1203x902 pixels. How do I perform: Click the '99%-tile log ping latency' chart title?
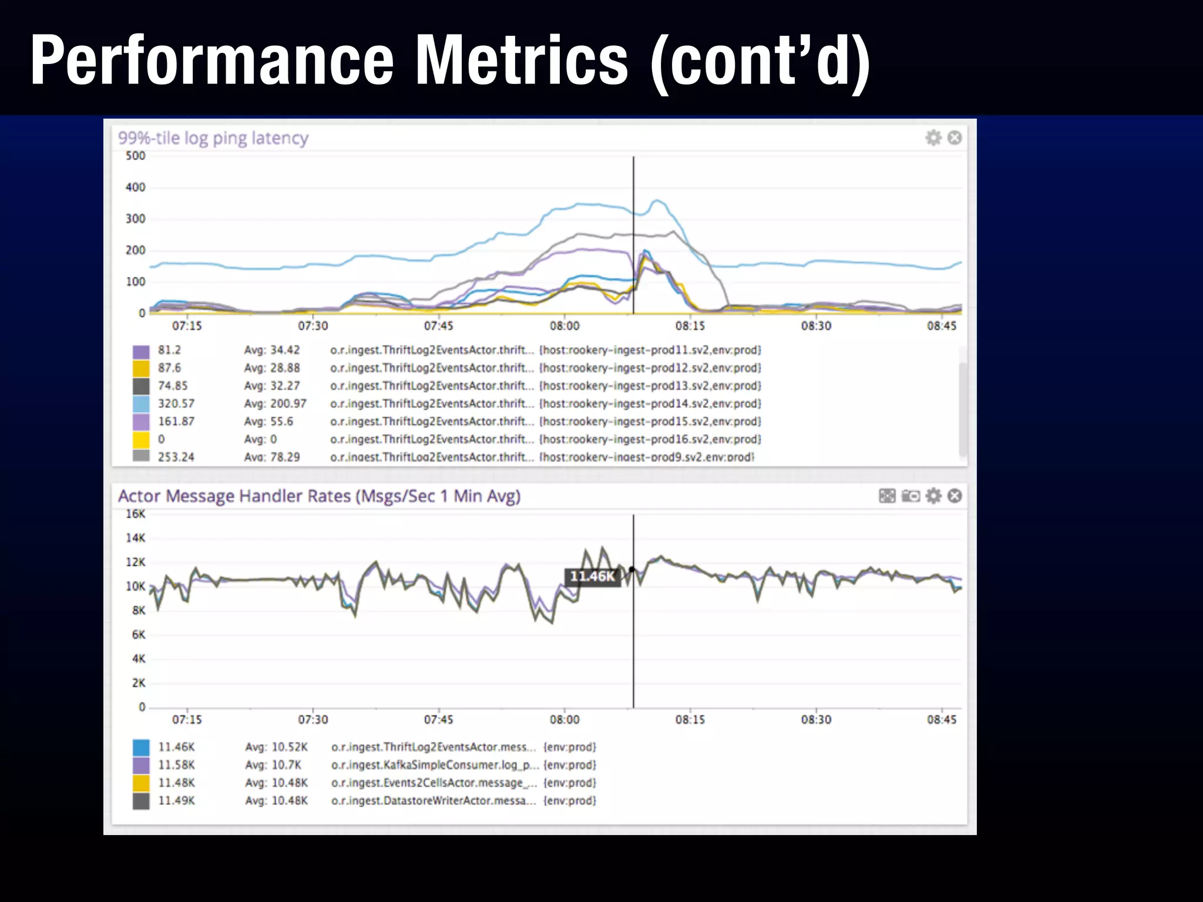(x=213, y=138)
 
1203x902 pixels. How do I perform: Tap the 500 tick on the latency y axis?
(x=135, y=156)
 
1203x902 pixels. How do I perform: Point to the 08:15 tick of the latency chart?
(x=690, y=326)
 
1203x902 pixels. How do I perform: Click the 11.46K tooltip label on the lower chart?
(x=592, y=577)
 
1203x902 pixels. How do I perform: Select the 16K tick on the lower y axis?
(x=135, y=514)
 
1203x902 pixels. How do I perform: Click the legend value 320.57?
(x=176, y=403)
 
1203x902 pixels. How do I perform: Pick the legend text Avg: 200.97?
(x=275, y=403)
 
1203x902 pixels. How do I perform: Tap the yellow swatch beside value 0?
(x=141, y=439)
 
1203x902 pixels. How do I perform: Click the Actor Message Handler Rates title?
(x=319, y=496)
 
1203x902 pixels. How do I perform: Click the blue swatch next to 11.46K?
(x=141, y=748)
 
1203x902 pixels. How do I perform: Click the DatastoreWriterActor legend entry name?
(x=433, y=801)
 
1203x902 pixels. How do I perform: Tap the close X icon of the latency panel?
(x=955, y=138)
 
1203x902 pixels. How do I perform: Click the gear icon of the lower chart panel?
(x=933, y=496)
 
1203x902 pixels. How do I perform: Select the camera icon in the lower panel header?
(x=910, y=496)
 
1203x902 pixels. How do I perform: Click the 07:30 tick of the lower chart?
(x=312, y=720)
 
